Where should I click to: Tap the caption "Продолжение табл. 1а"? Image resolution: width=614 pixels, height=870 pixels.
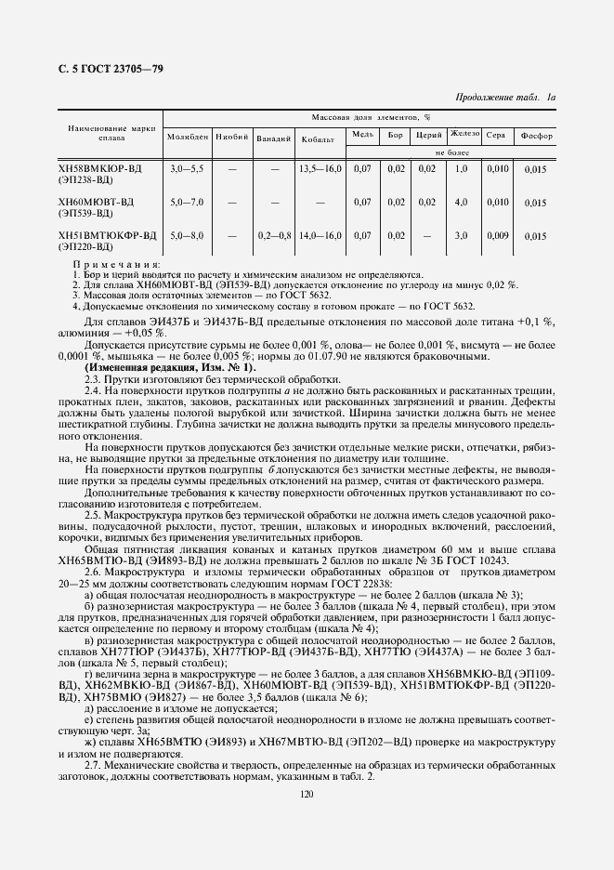pyautogui.click(x=505, y=98)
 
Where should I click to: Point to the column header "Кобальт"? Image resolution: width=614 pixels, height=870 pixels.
pyautogui.click(x=319, y=139)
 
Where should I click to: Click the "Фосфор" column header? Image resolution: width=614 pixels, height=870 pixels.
pyautogui.click(x=536, y=136)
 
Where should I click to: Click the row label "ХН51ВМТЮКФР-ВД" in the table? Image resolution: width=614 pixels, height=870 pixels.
pyautogui.click(x=107, y=235)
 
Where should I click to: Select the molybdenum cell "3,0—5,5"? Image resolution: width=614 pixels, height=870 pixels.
pyautogui.click(x=187, y=168)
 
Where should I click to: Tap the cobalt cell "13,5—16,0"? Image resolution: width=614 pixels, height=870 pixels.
pyautogui.click(x=320, y=168)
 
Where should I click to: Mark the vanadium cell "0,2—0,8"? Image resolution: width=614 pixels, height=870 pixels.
pyautogui.click(x=274, y=235)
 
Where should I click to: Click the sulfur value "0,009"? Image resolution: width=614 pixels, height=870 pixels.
pyautogui.click(x=497, y=235)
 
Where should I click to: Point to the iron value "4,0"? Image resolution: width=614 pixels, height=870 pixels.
pyautogui.click(x=462, y=202)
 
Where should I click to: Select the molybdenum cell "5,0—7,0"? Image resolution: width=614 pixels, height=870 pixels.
pyautogui.click(x=187, y=202)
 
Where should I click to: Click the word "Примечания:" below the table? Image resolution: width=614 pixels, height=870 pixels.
pyautogui.click(x=116, y=266)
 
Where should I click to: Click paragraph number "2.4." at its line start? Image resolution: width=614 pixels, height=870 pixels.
pyautogui.click(x=94, y=389)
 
